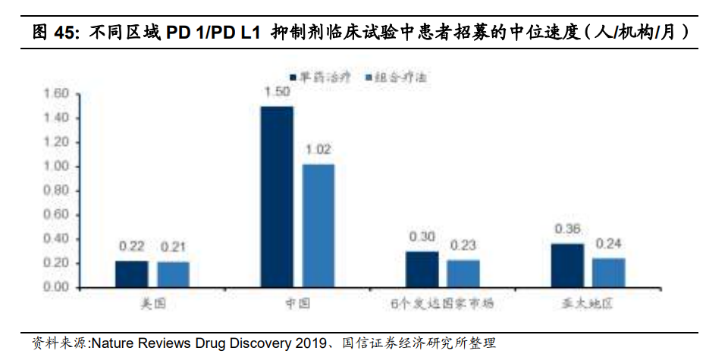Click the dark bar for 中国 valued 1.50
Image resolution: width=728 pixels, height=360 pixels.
(276, 196)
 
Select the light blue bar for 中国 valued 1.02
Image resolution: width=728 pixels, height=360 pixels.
(318, 225)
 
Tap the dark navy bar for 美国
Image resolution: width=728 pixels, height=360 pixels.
(131, 274)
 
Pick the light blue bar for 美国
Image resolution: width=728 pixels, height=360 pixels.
(173, 274)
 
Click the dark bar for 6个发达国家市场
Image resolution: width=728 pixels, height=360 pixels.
(422, 269)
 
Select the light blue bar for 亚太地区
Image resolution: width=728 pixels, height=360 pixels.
(609, 272)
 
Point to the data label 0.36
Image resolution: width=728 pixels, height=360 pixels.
(567, 229)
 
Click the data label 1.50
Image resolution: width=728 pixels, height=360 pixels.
(277, 92)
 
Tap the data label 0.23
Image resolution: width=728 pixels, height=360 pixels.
(463, 246)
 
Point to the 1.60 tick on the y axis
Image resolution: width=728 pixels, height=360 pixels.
(57, 94)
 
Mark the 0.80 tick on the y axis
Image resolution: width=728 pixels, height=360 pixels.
(57, 190)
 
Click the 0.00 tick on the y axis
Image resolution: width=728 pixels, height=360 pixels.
(57, 287)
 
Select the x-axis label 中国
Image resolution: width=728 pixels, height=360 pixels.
(297, 304)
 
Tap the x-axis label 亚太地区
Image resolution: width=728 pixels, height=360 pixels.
(588, 304)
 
